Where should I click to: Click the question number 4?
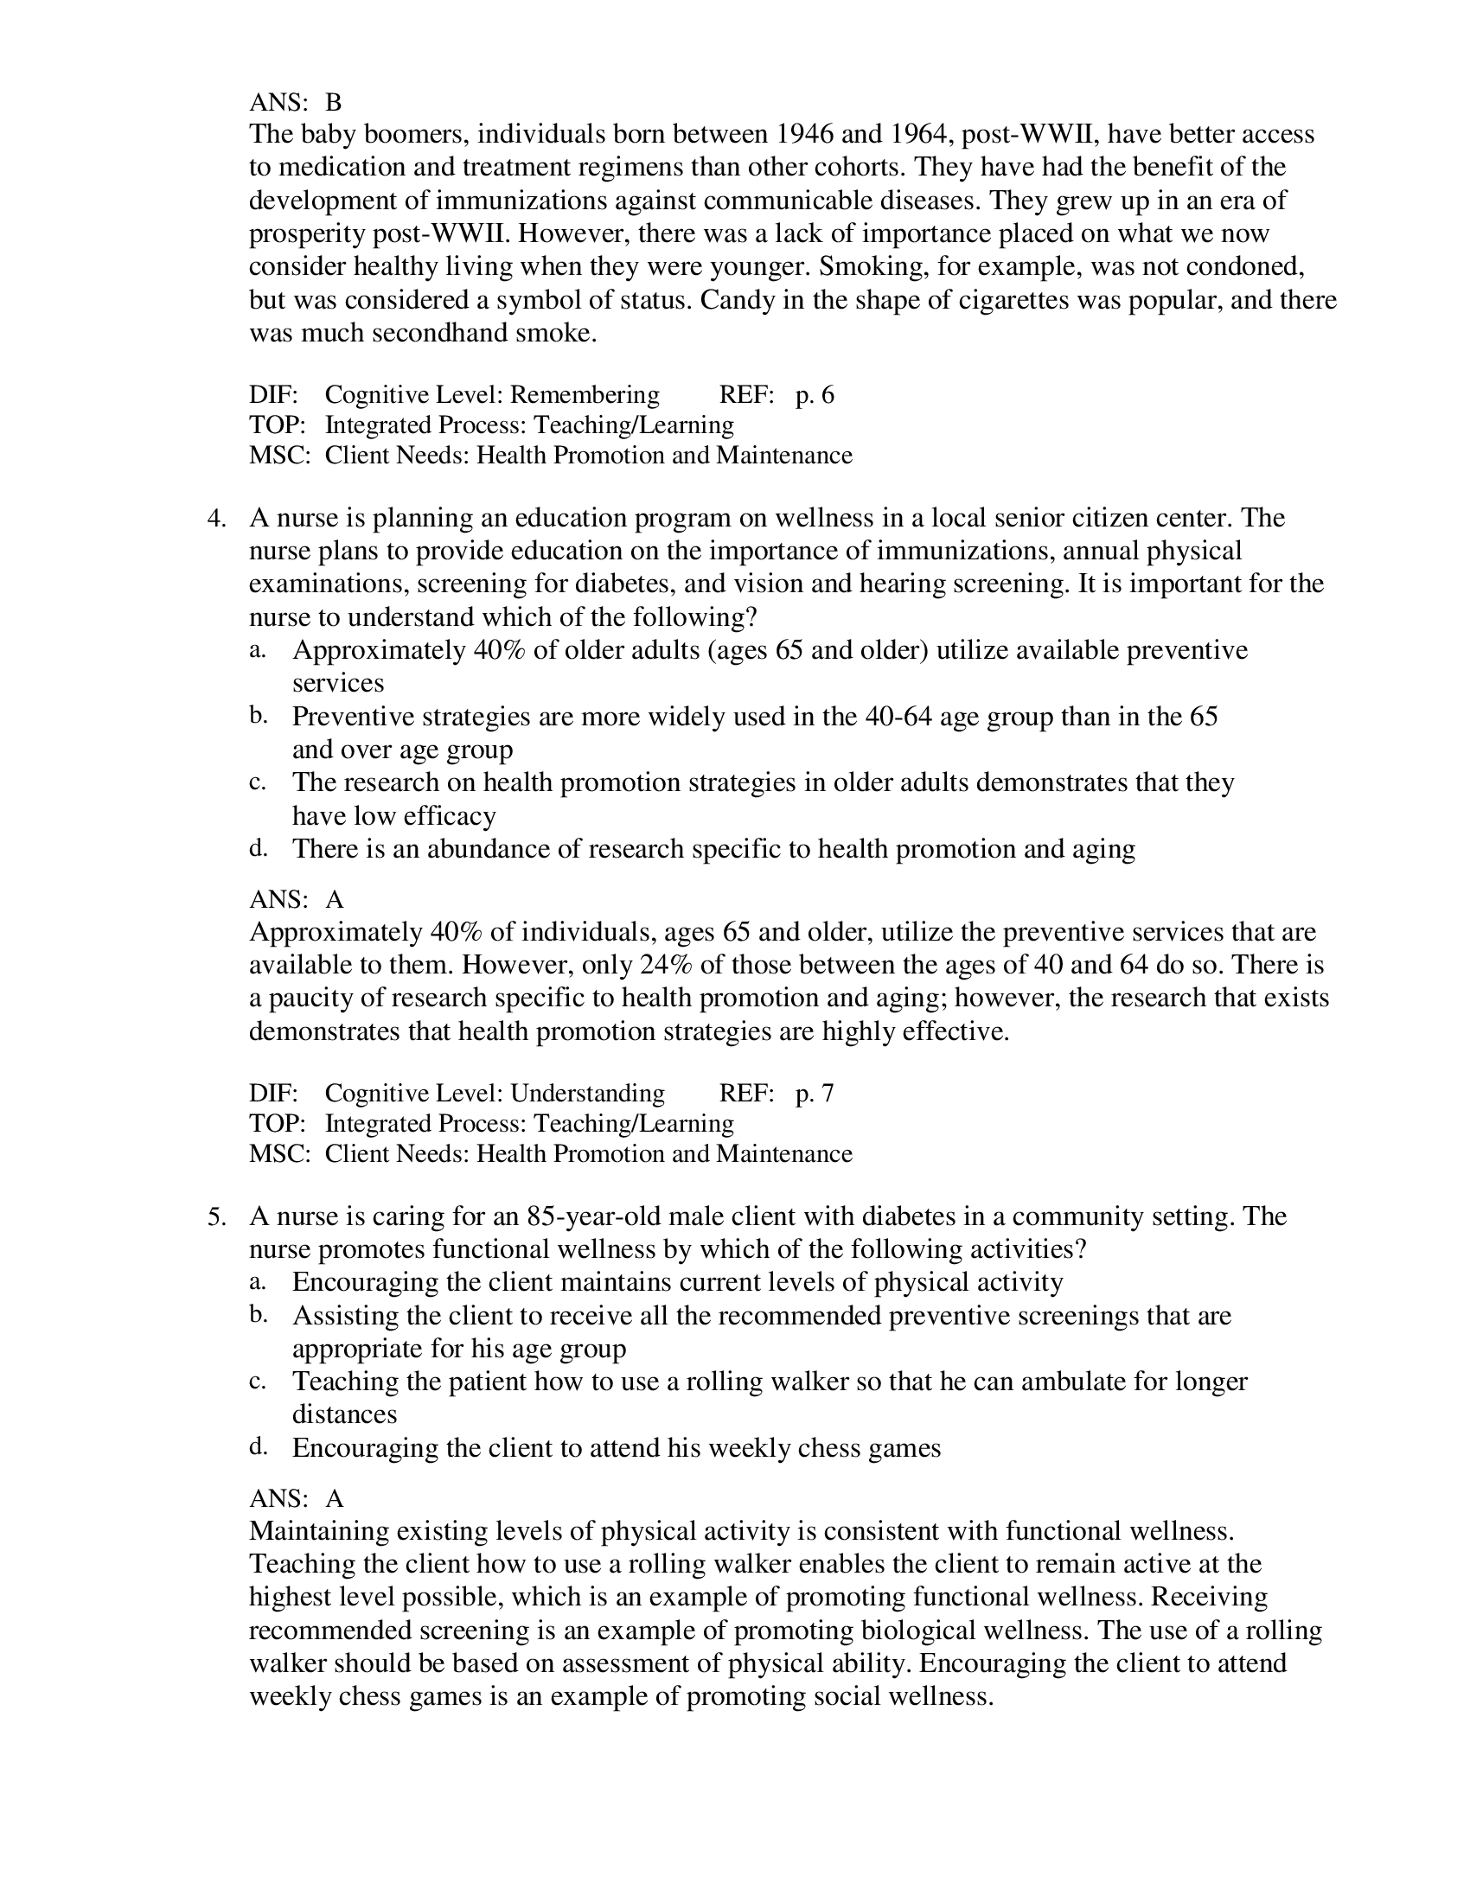pyautogui.click(x=216, y=518)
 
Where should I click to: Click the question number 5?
pyautogui.click(x=216, y=1216)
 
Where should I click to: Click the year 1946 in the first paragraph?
pyautogui.click(x=804, y=134)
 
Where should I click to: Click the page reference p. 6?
pyautogui.click(x=814, y=395)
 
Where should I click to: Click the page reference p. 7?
pyautogui.click(x=814, y=1094)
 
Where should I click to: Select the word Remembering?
pyautogui.click(x=585, y=395)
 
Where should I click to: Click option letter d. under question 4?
pyautogui.click(x=258, y=848)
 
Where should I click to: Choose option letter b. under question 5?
pyautogui.click(x=258, y=1315)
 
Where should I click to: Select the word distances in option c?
pyautogui.click(x=344, y=1414)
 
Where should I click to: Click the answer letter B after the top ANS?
pyautogui.click(x=334, y=103)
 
